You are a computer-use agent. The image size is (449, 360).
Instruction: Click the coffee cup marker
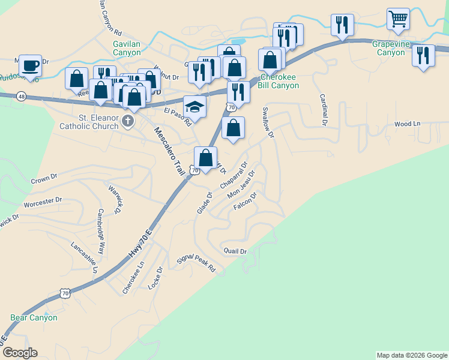pos(29,65)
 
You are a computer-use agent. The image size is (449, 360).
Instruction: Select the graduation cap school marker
pos(194,106)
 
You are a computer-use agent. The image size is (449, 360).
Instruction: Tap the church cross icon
pos(127,122)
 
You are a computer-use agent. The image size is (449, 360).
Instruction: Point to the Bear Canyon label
pos(34,317)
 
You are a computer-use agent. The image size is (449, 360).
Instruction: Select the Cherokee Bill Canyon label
pos(279,81)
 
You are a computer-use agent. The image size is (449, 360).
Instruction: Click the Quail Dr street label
pos(235,251)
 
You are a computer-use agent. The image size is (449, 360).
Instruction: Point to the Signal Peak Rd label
pos(196,263)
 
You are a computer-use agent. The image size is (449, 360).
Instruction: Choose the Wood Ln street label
pos(407,124)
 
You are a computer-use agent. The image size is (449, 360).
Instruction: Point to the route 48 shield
pos(22,97)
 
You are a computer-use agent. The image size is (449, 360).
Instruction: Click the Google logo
pos(19,353)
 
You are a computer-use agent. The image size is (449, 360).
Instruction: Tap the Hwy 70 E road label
pos(141,242)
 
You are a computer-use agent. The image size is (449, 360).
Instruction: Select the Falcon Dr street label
pos(245,201)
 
